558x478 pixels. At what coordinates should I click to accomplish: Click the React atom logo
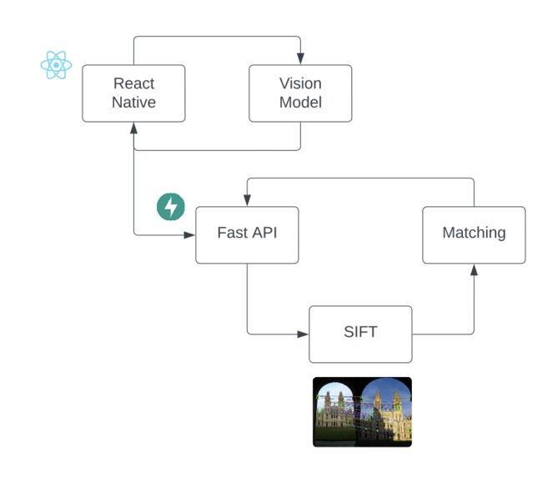click(x=56, y=65)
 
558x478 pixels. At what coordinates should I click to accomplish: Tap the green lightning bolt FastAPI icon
click(x=171, y=207)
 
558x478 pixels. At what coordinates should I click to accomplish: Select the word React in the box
click(x=133, y=83)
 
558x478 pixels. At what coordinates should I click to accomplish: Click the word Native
click(x=133, y=103)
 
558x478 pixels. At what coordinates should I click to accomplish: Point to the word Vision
click(x=300, y=83)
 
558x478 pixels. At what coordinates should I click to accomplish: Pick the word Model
click(x=300, y=103)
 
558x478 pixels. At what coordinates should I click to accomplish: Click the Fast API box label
click(x=247, y=233)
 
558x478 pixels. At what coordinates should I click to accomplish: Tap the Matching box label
click(x=474, y=233)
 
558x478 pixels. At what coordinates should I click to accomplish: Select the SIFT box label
click(x=360, y=332)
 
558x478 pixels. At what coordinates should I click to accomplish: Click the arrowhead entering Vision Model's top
click(x=300, y=58)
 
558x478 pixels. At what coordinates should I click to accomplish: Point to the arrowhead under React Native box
click(x=133, y=128)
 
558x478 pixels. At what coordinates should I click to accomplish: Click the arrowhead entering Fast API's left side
click(x=189, y=235)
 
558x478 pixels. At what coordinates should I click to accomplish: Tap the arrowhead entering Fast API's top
click(x=247, y=200)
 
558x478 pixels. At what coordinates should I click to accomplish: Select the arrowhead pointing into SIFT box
click(x=303, y=335)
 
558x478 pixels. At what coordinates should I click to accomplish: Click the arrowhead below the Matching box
click(x=474, y=269)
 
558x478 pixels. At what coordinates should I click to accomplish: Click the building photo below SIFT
click(x=362, y=412)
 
